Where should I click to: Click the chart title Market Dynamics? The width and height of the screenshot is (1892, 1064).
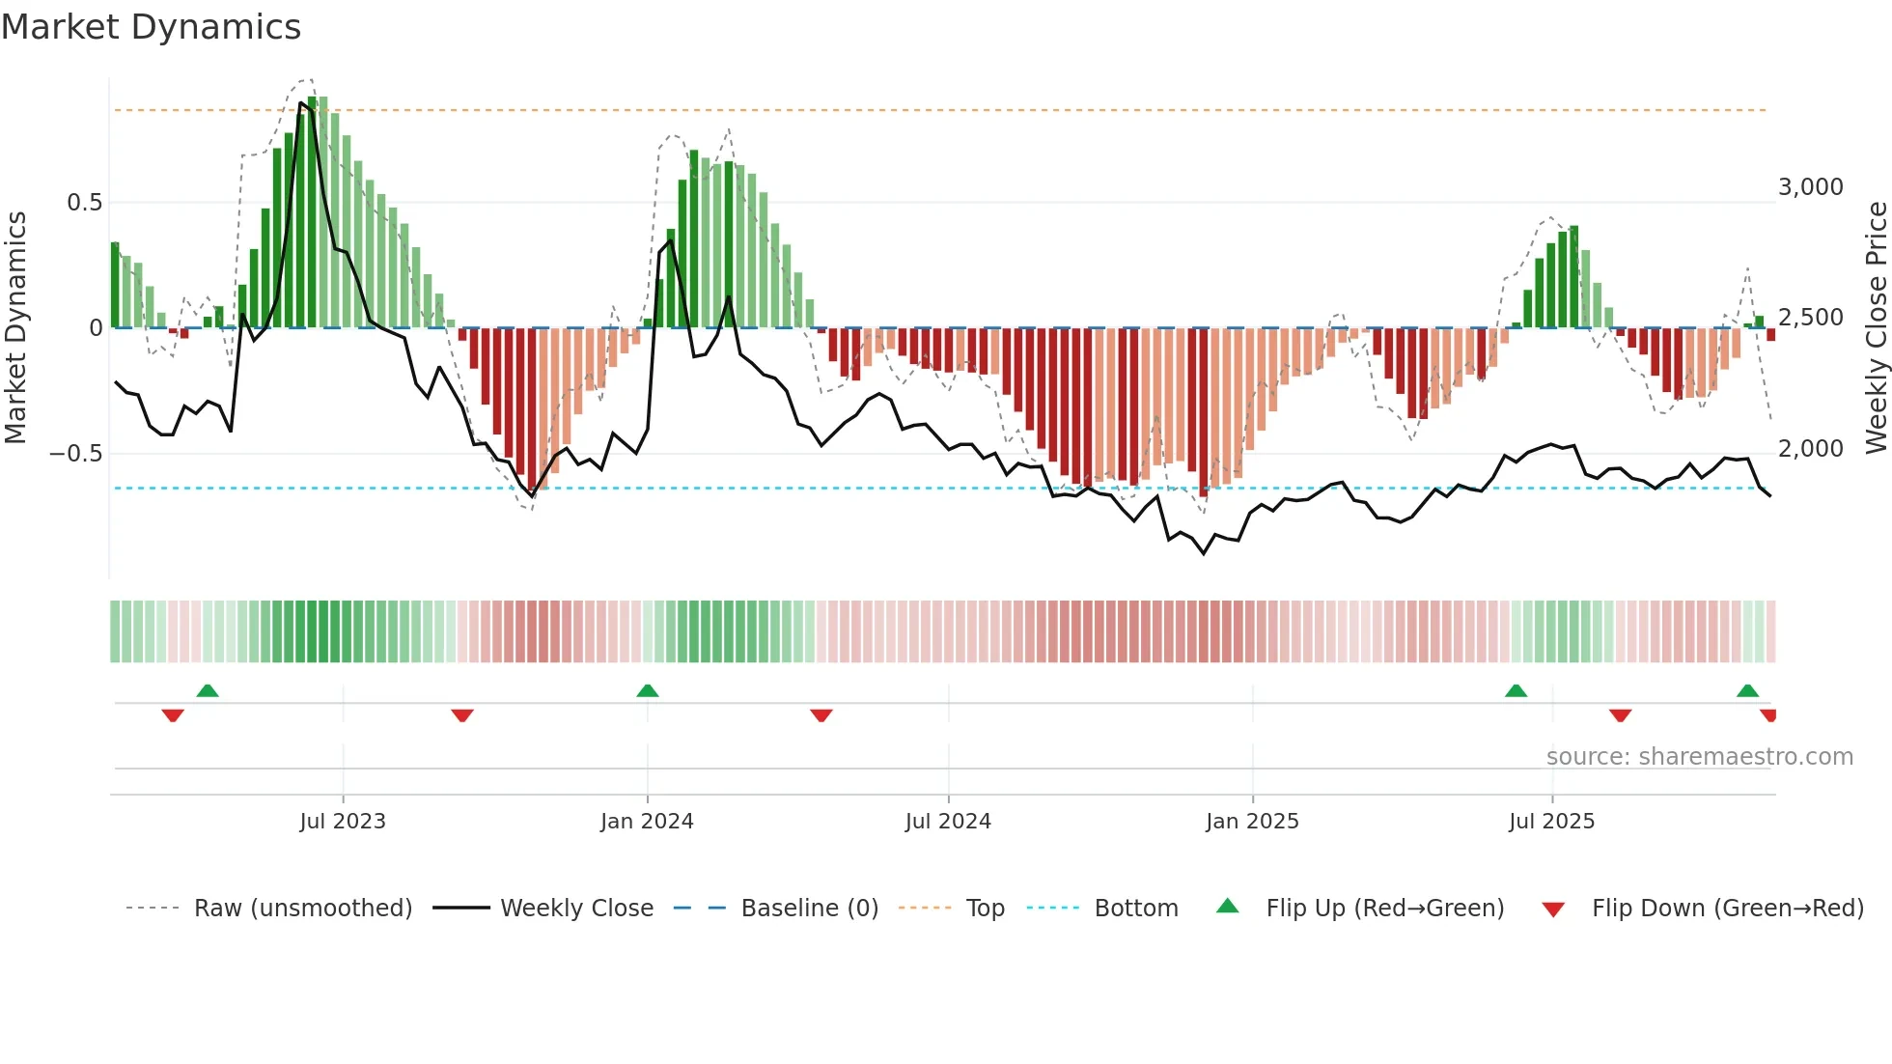point(151,27)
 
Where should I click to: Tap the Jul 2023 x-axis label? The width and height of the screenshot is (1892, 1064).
point(342,822)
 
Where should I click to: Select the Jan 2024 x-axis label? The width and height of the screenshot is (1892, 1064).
point(647,822)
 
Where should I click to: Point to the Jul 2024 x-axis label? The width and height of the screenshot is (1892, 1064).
point(948,822)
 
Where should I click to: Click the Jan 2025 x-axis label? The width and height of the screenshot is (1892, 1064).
point(1252,822)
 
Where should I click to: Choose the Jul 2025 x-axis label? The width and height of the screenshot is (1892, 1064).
point(1551,822)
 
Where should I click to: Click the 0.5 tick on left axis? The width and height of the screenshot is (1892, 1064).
point(84,203)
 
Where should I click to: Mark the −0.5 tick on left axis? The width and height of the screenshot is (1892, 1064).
point(76,454)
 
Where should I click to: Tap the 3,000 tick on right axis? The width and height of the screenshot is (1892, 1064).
point(1810,187)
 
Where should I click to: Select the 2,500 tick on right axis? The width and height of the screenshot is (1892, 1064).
point(1810,318)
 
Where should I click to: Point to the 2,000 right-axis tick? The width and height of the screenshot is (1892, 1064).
point(1810,449)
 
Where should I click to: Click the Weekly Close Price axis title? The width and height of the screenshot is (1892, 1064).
point(1876,328)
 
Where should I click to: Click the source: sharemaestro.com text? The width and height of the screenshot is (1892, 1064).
point(1699,757)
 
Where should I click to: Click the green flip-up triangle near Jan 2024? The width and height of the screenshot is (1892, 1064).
point(648,691)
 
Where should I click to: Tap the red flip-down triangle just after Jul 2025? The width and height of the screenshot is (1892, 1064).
point(1620,715)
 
